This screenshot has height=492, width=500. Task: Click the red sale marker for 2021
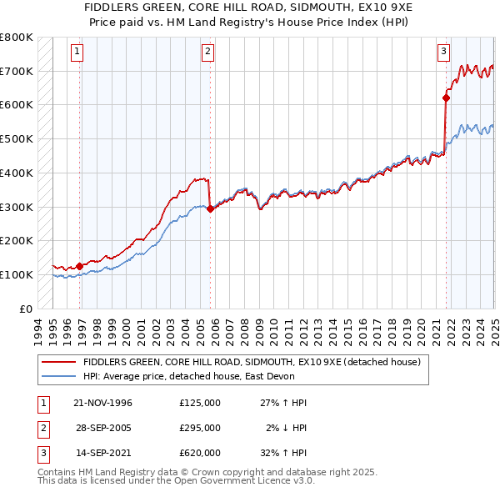click(446, 98)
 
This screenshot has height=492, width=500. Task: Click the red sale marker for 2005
click(210, 209)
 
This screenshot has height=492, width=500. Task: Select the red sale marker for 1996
click(80, 267)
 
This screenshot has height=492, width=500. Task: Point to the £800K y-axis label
click(17, 38)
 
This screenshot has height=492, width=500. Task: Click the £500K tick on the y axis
click(17, 139)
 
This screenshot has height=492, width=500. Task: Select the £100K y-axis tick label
click(17, 274)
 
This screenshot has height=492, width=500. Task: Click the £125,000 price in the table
click(200, 402)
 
